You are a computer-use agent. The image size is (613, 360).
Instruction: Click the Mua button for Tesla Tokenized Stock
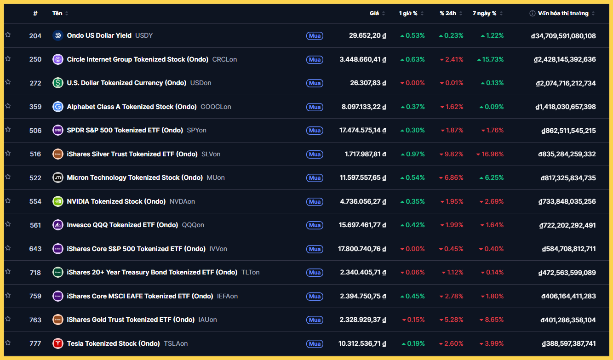[315, 343]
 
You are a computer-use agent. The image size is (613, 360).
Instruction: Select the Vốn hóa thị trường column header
[563, 13]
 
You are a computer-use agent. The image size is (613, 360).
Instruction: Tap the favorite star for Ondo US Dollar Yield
[8, 35]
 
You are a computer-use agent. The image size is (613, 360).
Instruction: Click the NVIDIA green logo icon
[58, 201]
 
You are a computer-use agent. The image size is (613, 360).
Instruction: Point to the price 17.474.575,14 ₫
[362, 130]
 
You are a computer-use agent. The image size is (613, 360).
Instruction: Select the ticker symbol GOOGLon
[216, 107]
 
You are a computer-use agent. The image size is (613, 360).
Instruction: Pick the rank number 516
[35, 154]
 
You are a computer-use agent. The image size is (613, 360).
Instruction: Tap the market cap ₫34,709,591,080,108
[563, 35]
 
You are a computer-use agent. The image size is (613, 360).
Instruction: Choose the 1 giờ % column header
[408, 13]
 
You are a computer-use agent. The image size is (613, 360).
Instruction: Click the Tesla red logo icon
[58, 343]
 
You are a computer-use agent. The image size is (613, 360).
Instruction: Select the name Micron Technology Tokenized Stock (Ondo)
[135, 177]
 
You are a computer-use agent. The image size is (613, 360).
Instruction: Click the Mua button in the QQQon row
[315, 225]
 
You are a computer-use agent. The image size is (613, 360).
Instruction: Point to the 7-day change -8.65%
[492, 320]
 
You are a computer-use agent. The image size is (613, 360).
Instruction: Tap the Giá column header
[374, 13]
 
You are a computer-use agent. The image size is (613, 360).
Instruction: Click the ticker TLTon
[251, 272]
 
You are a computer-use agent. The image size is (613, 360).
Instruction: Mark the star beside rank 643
[8, 248]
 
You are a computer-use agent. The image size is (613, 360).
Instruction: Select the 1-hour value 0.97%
[412, 154]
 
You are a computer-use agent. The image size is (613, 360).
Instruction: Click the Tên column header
[57, 13]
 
